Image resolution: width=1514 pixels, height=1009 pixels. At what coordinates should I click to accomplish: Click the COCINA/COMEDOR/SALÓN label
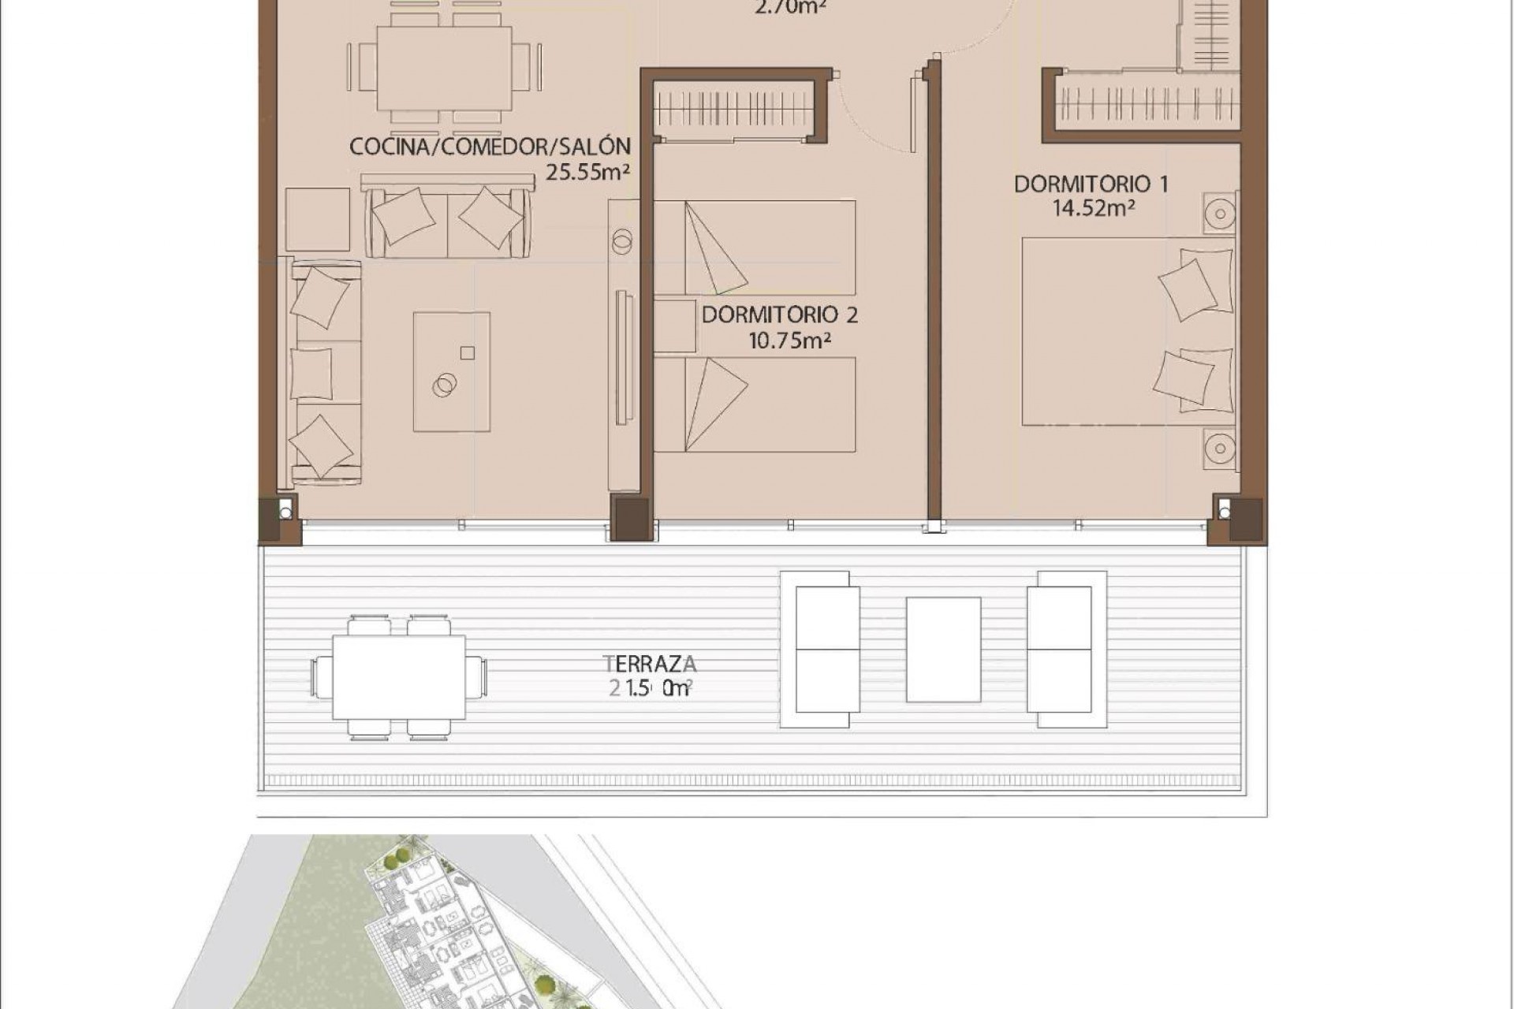pyautogui.click(x=490, y=147)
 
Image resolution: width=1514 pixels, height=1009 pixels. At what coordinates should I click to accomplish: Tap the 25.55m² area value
pyautogui.click(x=587, y=172)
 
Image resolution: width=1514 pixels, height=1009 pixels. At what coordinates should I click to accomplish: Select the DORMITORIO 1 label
pyautogui.click(x=1091, y=184)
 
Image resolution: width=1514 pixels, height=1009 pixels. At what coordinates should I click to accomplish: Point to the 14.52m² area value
pyautogui.click(x=1093, y=208)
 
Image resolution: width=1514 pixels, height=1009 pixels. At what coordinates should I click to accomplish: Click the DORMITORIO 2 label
pyautogui.click(x=779, y=315)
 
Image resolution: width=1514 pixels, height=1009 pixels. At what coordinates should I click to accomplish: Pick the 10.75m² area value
pyautogui.click(x=790, y=341)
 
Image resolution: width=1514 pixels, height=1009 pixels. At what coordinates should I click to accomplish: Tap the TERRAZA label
pyautogui.click(x=650, y=662)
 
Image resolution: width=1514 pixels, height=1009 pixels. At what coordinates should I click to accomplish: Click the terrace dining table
pyautogui.click(x=399, y=677)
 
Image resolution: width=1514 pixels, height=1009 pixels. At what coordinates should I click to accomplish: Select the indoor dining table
pyautogui.click(x=443, y=69)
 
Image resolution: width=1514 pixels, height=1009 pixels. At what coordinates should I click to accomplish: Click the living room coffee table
pyautogui.click(x=451, y=371)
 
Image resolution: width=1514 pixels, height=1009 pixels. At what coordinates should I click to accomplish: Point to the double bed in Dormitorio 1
pyautogui.click(x=1128, y=331)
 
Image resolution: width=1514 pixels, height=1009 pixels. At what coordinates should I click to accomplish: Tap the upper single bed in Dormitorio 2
pyautogui.click(x=755, y=248)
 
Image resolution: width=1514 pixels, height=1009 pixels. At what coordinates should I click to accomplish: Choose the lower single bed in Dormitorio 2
pyautogui.click(x=755, y=404)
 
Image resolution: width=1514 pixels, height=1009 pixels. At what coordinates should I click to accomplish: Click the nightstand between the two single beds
pyautogui.click(x=674, y=326)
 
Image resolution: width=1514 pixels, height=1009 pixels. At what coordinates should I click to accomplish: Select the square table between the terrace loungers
pyautogui.click(x=943, y=650)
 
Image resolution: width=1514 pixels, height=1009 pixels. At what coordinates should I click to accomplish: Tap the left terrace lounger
pyautogui.click(x=827, y=650)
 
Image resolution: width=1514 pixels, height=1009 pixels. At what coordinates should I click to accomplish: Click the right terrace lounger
pyautogui.click(x=1059, y=650)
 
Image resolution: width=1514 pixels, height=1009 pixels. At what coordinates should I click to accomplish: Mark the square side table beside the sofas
pyautogui.click(x=317, y=219)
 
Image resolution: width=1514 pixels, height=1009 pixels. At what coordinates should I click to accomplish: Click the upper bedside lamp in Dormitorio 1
pyautogui.click(x=1220, y=213)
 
